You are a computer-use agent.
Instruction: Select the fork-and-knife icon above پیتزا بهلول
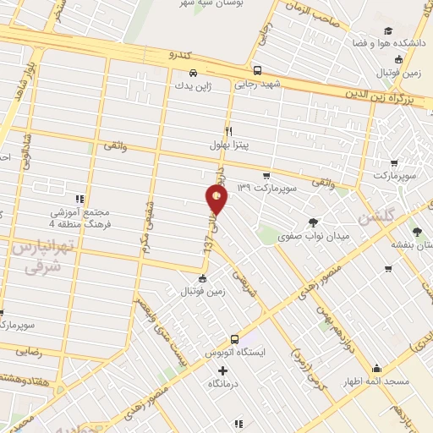coord(228,131)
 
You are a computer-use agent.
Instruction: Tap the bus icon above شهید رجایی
coord(257,71)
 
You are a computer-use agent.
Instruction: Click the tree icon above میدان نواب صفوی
coord(314,222)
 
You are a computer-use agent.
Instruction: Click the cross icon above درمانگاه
coord(223,370)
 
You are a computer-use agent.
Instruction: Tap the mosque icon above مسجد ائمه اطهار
coord(375,368)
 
